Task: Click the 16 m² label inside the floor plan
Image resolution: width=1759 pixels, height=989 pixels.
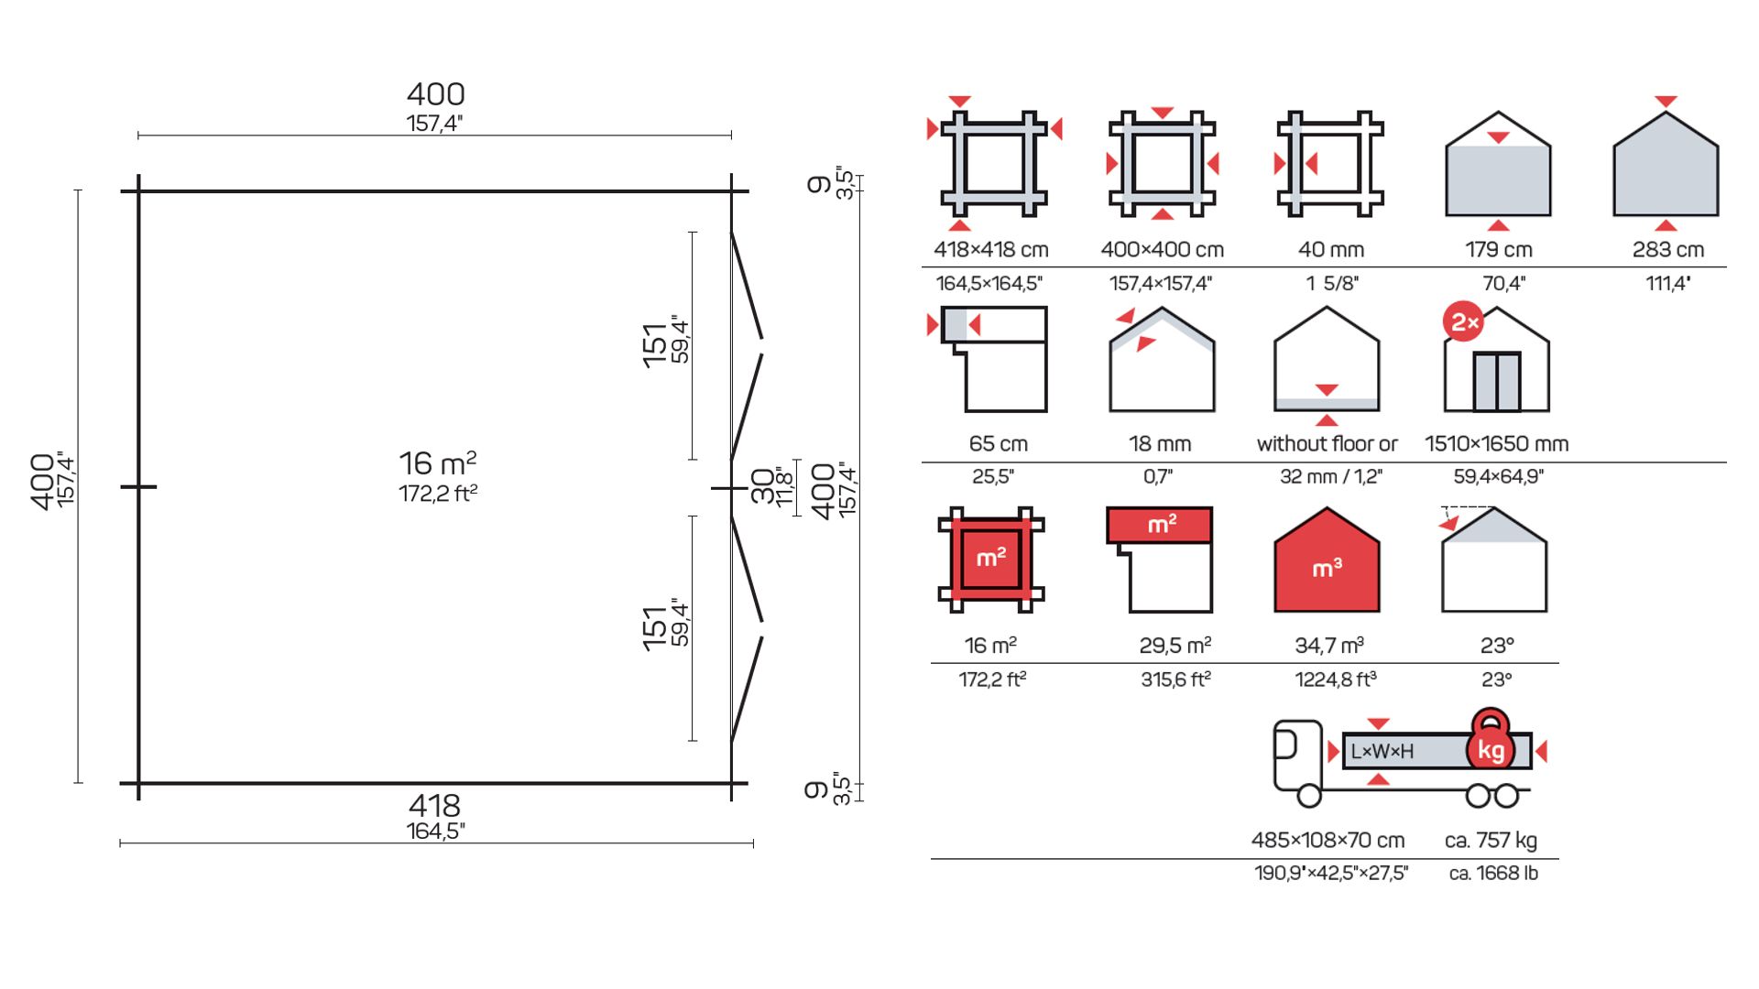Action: pyautogui.click(x=438, y=462)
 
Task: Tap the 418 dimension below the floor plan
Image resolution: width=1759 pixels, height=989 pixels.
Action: pyautogui.click(x=435, y=805)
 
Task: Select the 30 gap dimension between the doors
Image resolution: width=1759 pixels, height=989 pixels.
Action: pyautogui.click(x=762, y=486)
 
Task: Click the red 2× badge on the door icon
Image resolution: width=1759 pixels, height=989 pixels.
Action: pyautogui.click(x=1463, y=322)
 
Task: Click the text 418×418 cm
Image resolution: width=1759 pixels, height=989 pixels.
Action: pyautogui.click(x=990, y=249)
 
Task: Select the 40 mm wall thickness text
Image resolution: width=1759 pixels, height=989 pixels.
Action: pyautogui.click(x=1331, y=249)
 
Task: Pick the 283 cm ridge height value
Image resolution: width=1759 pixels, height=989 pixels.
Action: pyautogui.click(x=1668, y=249)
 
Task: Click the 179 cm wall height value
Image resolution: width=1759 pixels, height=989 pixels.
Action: pyautogui.click(x=1499, y=249)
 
